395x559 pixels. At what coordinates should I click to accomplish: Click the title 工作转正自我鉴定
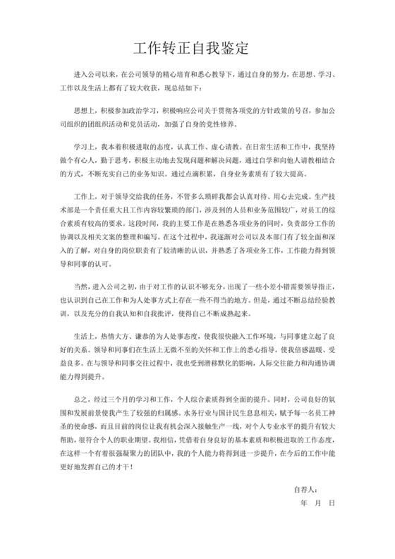(197, 49)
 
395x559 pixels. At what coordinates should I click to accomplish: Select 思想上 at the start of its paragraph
(84, 112)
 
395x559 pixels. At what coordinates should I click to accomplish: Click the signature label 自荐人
(306, 508)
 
